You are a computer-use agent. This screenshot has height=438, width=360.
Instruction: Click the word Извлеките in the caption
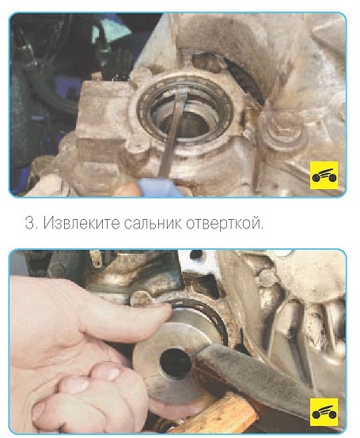[x=81, y=223]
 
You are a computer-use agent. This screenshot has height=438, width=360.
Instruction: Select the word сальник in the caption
[x=153, y=223]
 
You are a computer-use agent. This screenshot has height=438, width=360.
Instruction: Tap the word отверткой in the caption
[x=225, y=223]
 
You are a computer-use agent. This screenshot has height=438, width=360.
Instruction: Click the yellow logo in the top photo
[x=324, y=176]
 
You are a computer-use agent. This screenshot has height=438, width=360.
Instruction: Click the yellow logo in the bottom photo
[x=324, y=412]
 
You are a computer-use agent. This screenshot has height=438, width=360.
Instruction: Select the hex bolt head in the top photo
[x=283, y=130]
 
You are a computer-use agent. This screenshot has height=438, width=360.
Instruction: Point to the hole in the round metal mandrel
[x=175, y=364]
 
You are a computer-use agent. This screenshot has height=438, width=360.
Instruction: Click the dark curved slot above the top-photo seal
[x=246, y=81]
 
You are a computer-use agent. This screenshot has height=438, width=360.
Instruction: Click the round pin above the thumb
[x=142, y=298]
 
